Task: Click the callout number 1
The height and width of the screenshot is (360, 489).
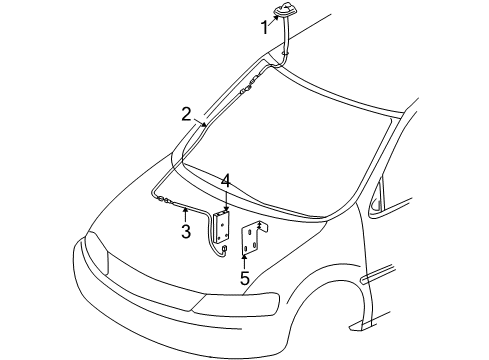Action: tap(266, 27)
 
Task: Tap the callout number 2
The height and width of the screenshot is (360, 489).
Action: tap(187, 114)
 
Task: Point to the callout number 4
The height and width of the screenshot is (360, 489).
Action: tap(226, 181)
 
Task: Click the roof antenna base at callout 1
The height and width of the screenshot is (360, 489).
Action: tap(290, 12)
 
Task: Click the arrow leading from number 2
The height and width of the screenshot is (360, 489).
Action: tap(202, 125)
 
